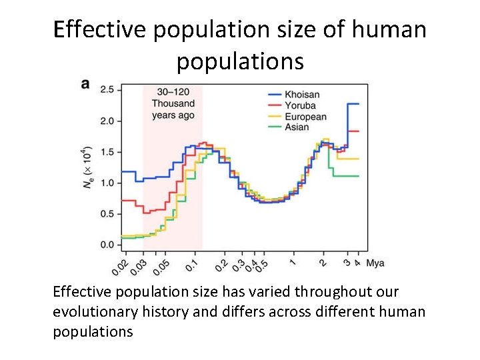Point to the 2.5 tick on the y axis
point(107,89)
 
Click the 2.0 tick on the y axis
point(107,121)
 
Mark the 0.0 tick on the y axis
point(107,245)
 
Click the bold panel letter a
point(85,85)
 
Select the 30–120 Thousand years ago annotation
point(173,103)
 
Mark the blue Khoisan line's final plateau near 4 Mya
point(353,104)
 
